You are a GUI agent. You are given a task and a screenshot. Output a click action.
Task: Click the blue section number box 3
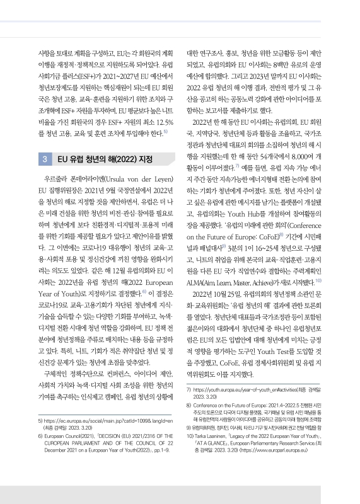46,159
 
